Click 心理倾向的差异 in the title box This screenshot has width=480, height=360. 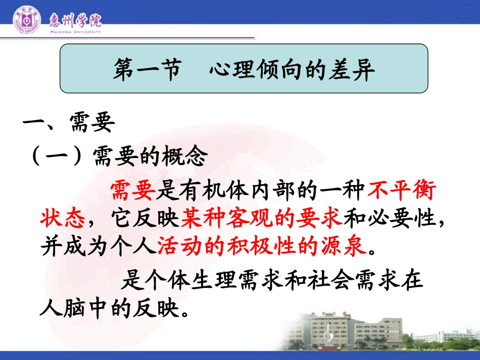[292, 69]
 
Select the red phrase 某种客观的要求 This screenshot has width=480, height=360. [262, 219]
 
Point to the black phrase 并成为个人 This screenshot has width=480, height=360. [98, 246]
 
